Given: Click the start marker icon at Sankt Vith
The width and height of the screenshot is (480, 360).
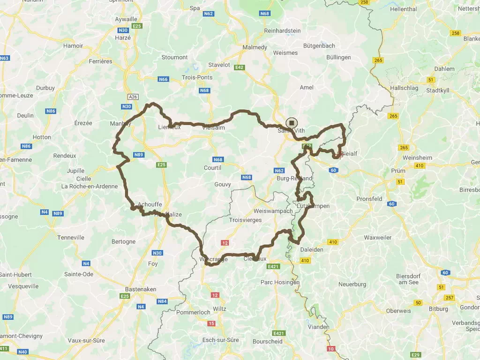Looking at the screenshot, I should [292, 123].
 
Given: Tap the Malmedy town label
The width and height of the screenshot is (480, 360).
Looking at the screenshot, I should [255, 47].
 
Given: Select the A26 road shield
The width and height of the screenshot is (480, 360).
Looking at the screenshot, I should [133, 97].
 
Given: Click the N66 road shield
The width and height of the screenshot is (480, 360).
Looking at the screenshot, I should [163, 79].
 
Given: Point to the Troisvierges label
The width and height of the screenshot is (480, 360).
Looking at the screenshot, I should [246, 220].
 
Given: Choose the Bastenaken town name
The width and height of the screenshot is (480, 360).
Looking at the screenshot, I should [140, 289].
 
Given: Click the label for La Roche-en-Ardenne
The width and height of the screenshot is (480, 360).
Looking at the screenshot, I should [90, 186].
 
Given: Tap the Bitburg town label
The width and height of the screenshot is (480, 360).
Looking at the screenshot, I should [438, 309].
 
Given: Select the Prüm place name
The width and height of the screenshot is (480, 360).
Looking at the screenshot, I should [398, 171].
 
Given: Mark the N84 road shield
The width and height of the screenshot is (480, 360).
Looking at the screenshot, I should [162, 301].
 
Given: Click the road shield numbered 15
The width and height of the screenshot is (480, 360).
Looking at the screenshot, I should [211, 323].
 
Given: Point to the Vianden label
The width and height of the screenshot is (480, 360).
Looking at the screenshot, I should [319, 327].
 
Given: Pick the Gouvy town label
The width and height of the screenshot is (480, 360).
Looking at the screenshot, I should [222, 184].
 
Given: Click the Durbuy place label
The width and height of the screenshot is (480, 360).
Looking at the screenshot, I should [45, 88].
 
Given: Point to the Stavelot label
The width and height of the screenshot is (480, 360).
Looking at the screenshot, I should [219, 65].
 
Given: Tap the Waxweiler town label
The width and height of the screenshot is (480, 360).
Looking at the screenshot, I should [377, 238].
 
